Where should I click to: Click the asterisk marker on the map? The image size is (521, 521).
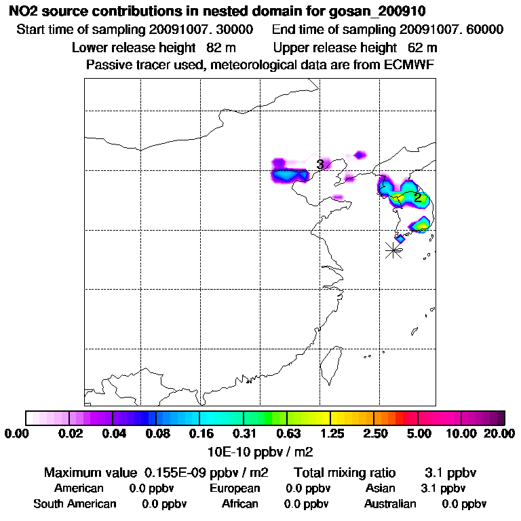coord(393,250)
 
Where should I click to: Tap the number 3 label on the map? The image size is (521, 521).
coord(320,164)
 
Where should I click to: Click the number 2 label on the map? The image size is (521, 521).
coord(418,197)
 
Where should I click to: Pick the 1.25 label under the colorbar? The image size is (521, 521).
coord(330,433)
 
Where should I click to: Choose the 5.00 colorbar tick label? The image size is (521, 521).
coord(419,433)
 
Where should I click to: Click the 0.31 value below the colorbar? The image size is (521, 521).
coord(244,433)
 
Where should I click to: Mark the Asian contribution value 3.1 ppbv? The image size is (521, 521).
coord(443,488)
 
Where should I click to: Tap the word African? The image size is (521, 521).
coord(239,503)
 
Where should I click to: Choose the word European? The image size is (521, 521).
coord(235,488)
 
